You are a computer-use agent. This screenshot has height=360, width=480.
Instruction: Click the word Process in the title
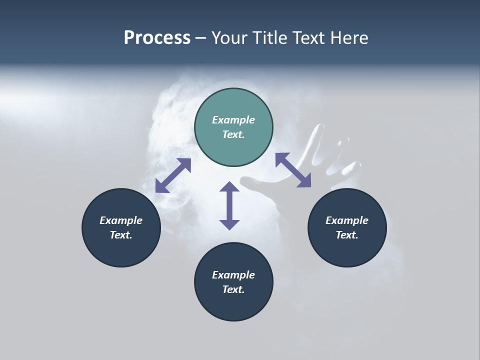[157, 38]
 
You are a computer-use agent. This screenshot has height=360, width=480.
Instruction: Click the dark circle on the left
[121, 227]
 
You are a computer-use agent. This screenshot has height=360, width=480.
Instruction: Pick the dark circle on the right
[347, 227]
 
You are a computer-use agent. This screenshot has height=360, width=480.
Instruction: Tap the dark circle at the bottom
[233, 282]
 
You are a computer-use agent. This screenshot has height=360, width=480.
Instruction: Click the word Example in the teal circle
[233, 120]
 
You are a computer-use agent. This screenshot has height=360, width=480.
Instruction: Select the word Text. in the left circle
[121, 235]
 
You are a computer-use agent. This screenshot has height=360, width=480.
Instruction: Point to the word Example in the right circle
[347, 220]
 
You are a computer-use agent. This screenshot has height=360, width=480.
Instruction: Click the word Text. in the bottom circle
[233, 289]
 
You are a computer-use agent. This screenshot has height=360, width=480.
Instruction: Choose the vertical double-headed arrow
[229, 205]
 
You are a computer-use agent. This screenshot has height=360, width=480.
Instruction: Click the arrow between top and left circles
[173, 175]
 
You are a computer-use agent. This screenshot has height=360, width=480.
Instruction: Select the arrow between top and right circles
[293, 170]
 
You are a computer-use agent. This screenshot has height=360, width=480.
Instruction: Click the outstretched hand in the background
[320, 160]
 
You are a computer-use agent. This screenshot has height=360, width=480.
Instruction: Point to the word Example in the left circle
[121, 220]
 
